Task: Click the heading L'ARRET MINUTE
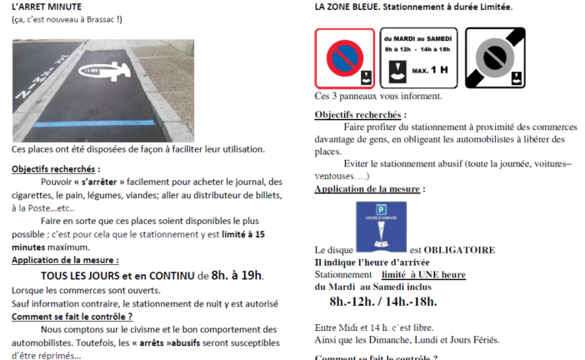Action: pyautogui.click(x=47, y=7)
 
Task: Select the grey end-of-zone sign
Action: pyautogui.click(x=494, y=57)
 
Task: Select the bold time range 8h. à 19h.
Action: pyautogui.click(x=237, y=275)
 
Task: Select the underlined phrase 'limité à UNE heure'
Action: pyautogui.click(x=422, y=274)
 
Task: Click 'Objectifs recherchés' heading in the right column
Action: pyautogui.click(x=360, y=114)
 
